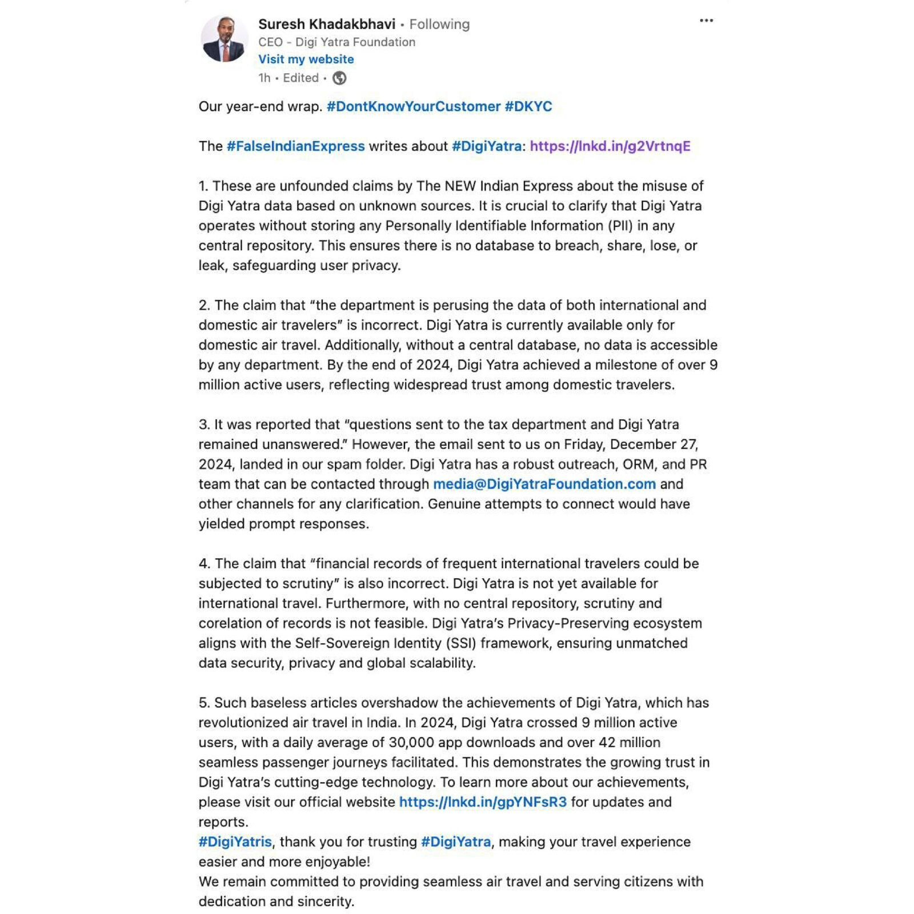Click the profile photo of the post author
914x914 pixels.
tap(224, 39)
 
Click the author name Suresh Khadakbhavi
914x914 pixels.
tap(326, 24)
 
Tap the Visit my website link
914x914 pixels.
tap(306, 59)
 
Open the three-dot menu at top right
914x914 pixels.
tap(706, 21)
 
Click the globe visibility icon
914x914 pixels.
tap(339, 78)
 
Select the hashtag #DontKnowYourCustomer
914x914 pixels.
tap(413, 107)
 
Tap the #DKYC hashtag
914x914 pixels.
tap(528, 107)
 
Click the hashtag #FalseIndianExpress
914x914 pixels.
tap(295, 146)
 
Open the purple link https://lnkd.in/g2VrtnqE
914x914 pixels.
tap(610, 146)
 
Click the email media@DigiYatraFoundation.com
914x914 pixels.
tap(544, 484)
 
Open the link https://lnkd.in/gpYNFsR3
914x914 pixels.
tap(483, 802)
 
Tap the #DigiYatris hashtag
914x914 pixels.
tap(235, 842)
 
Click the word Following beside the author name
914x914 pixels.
tap(439, 25)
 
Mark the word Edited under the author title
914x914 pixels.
tap(300, 78)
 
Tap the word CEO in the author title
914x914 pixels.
tap(270, 42)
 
